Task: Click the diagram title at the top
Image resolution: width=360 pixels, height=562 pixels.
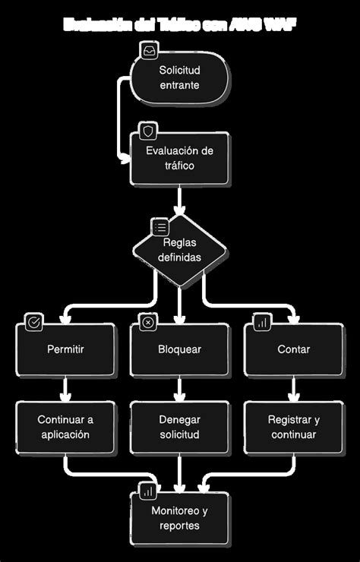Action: [180, 25]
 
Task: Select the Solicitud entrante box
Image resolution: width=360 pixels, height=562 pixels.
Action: [179, 78]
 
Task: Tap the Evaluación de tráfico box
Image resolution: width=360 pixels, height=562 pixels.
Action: [179, 158]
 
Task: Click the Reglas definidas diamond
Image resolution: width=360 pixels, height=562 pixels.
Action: [179, 250]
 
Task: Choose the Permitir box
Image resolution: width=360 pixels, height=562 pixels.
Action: [65, 349]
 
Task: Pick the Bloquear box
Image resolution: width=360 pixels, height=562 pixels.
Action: [179, 349]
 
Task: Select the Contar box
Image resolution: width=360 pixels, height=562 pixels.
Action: [293, 349]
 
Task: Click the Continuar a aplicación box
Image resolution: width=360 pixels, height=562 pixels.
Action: [65, 427]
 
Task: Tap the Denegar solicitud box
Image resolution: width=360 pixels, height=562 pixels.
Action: [179, 427]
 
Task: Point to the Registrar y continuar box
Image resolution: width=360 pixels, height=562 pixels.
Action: [293, 427]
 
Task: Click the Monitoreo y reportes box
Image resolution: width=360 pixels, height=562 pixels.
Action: [179, 518]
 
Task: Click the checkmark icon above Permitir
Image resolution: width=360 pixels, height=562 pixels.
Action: [33, 322]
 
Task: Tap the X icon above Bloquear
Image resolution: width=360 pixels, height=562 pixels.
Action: [147, 322]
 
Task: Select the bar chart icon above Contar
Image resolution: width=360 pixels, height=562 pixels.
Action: [261, 322]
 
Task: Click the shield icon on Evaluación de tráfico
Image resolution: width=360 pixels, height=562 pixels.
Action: [147, 131]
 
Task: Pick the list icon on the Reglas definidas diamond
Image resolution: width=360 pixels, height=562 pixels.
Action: [160, 226]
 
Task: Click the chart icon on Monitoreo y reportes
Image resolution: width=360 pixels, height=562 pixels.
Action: [147, 491]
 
